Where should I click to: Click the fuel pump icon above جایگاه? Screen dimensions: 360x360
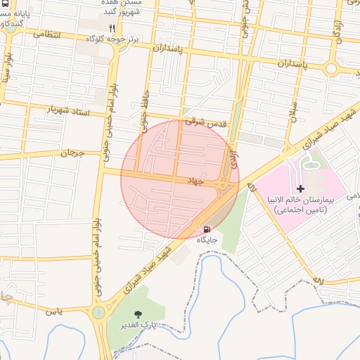click(x=206, y=229)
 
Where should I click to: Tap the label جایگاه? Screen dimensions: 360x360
click(x=207, y=240)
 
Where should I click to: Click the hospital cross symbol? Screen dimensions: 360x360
click(x=301, y=188)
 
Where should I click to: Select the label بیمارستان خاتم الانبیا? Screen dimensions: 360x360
click(x=302, y=200)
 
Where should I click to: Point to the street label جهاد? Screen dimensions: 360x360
click(x=193, y=181)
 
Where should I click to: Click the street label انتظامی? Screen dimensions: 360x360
click(x=47, y=34)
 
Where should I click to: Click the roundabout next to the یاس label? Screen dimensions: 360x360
click(x=98, y=312)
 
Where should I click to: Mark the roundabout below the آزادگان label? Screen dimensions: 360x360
click(x=332, y=68)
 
